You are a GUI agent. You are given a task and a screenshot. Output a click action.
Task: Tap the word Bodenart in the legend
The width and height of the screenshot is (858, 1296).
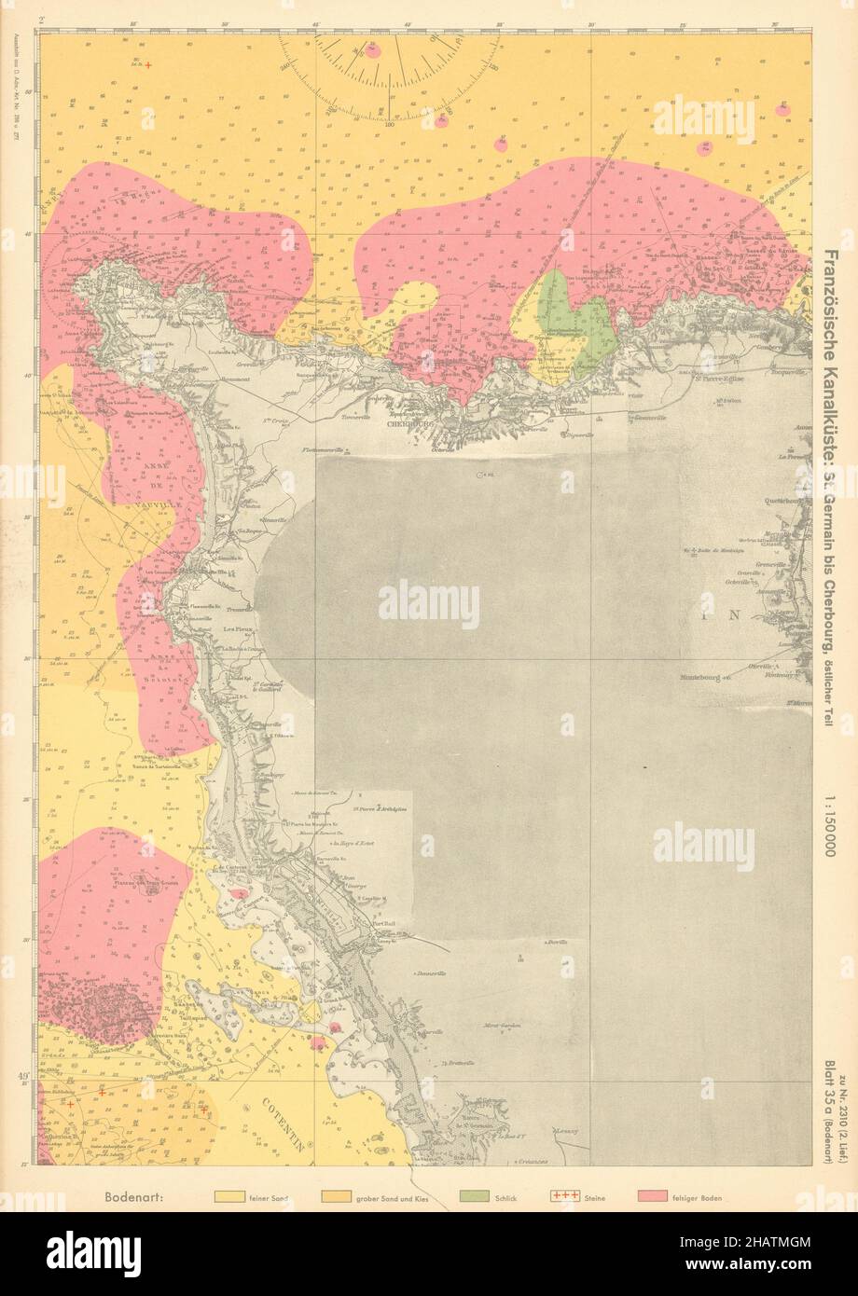[135, 1196]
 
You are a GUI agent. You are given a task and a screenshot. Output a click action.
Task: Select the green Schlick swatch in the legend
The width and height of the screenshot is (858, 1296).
[480, 1196]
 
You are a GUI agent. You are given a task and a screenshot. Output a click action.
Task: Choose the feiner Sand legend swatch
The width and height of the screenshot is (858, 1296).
[234, 1196]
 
